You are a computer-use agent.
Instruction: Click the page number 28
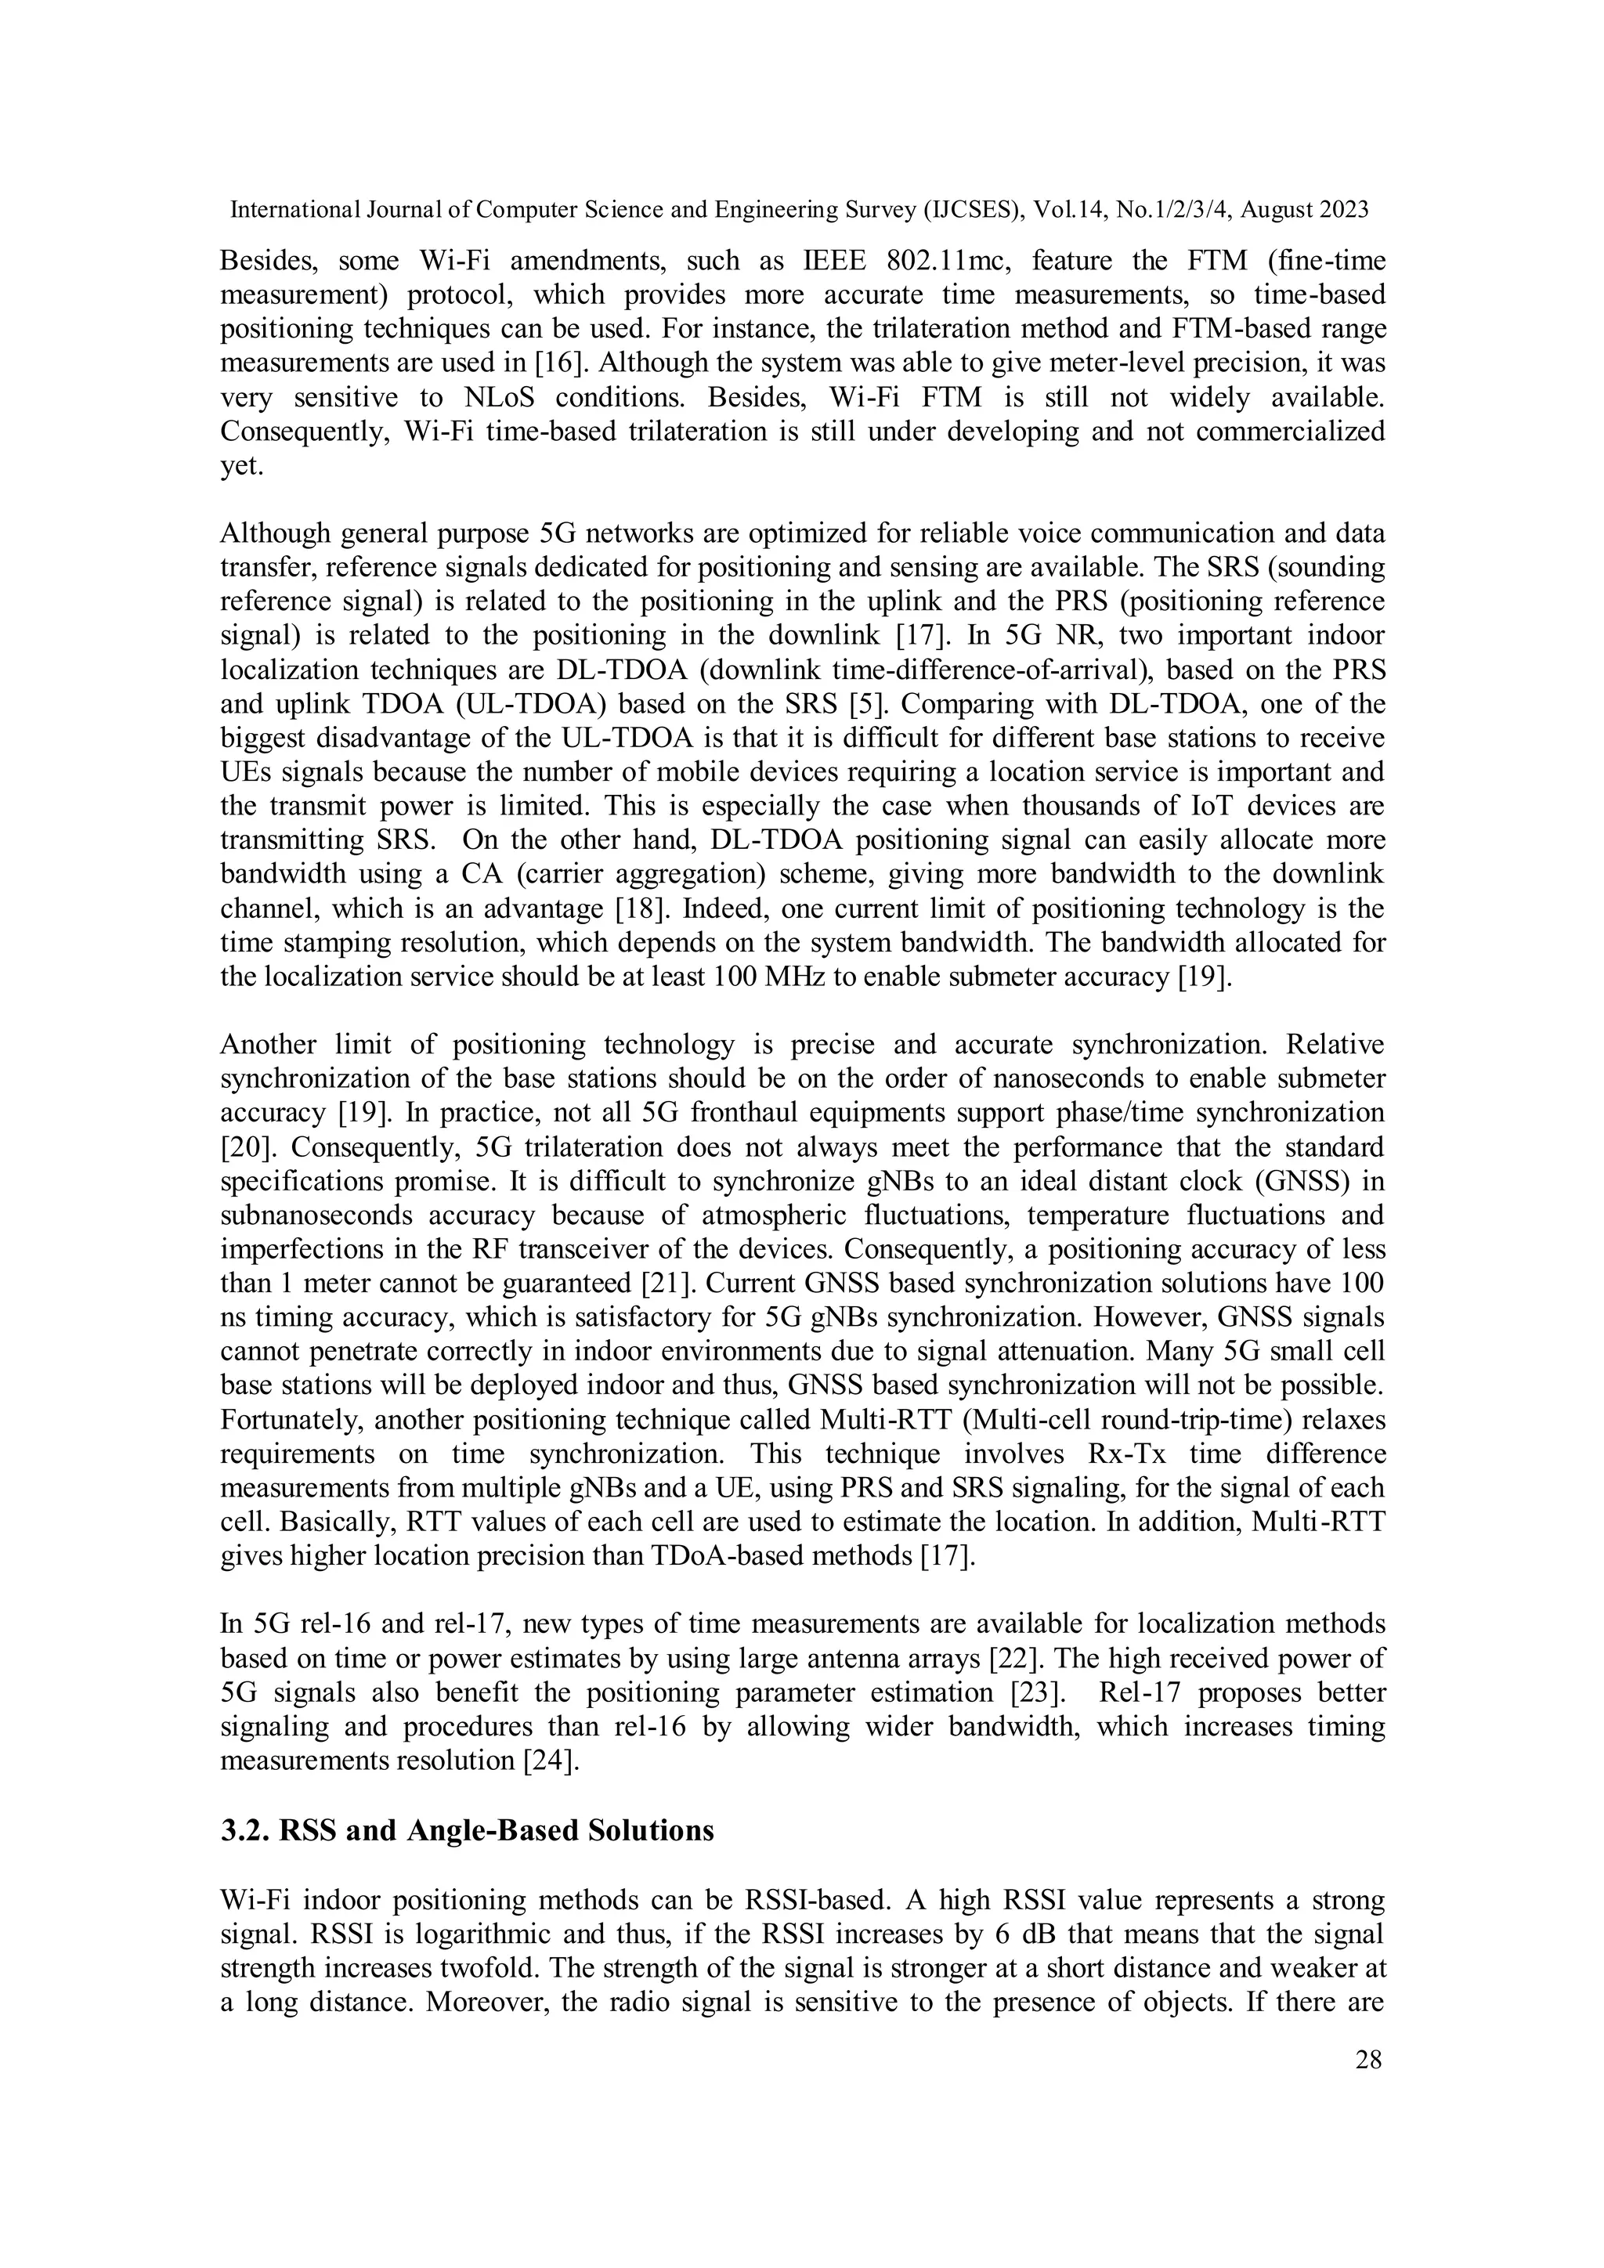point(1368,2060)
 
